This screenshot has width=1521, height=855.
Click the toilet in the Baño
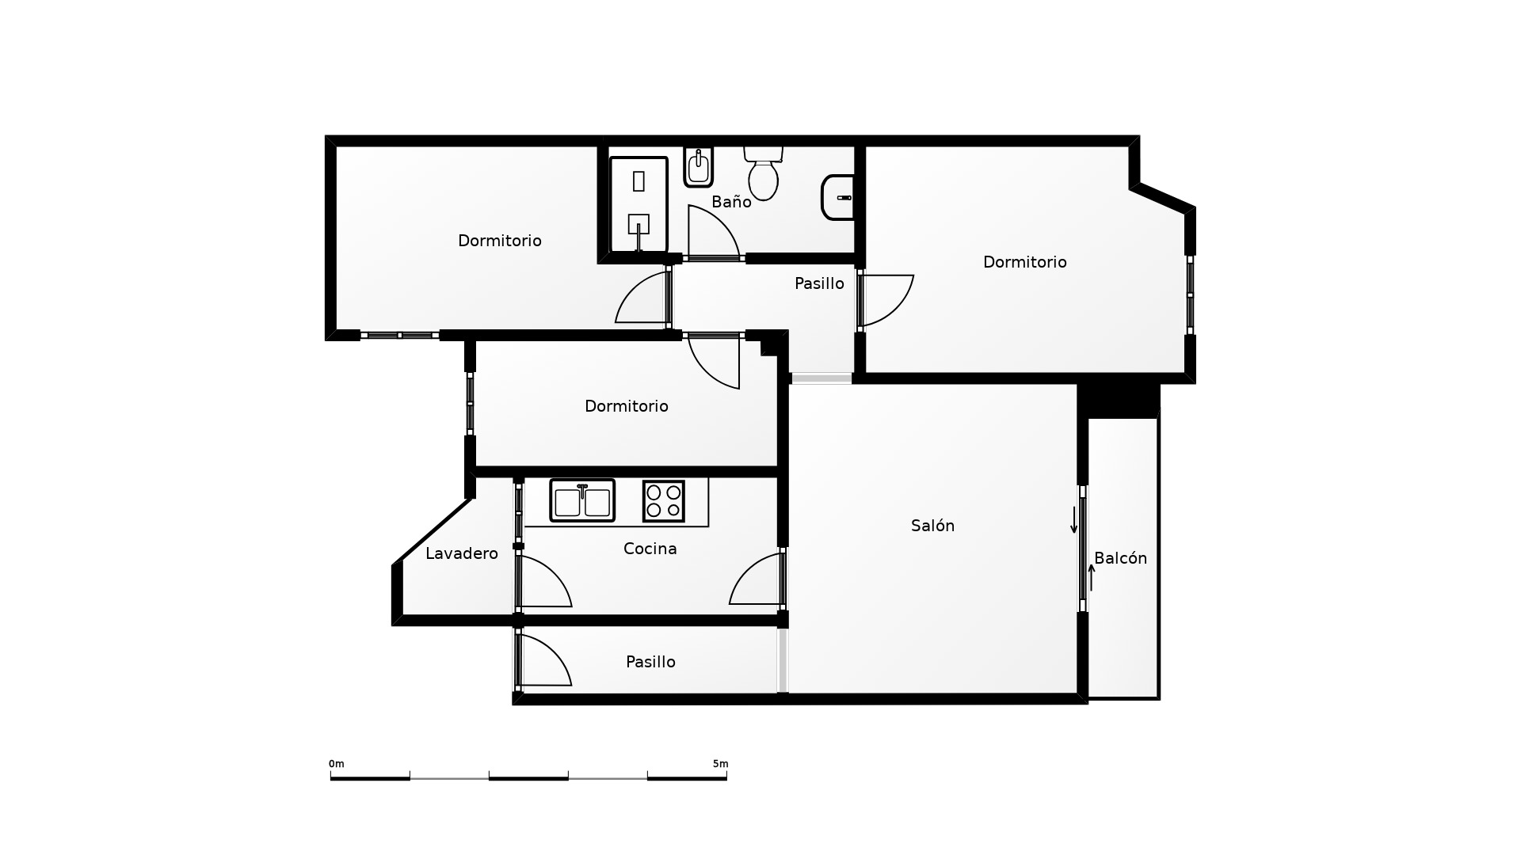764,172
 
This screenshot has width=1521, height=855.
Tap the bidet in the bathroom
698,166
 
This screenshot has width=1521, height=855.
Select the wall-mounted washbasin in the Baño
838,197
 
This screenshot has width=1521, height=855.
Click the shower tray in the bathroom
639,205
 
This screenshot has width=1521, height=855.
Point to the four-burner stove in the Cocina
664,501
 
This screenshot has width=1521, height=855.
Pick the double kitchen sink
582,500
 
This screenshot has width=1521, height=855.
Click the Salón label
932,526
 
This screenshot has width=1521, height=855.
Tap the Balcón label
1121,558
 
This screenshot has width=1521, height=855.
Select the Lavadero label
462,553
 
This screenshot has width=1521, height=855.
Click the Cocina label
650,549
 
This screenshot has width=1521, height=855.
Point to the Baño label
731,202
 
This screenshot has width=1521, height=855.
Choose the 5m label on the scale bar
720,764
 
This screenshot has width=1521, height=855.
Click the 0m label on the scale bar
337,764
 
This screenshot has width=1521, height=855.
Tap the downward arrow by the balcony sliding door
1074,519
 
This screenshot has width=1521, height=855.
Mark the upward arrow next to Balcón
1092,577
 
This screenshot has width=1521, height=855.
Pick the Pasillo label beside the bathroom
819,283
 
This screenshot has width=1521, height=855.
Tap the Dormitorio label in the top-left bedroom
500,241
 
